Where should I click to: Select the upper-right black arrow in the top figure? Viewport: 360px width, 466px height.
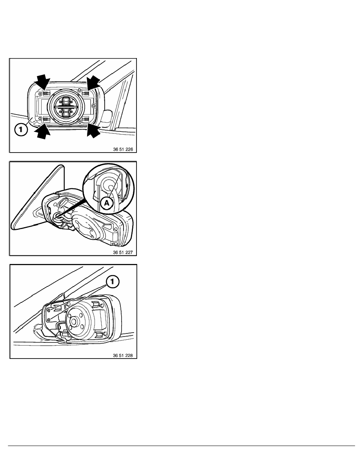[93, 83]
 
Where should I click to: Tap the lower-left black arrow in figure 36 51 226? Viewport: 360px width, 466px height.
[43, 131]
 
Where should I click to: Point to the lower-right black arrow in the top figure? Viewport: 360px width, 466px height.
[93, 130]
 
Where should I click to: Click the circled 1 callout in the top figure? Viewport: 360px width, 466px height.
[20, 129]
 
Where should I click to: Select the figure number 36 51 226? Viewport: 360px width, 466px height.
[123, 149]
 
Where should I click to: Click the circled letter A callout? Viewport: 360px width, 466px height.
[106, 204]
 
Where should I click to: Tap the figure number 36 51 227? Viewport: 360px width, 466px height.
[123, 252]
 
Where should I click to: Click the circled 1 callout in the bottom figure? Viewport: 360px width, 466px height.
[112, 282]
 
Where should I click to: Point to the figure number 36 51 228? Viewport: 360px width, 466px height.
[123, 355]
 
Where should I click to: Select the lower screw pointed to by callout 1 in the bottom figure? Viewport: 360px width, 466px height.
[49, 319]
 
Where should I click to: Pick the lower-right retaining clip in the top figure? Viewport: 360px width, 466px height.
[86, 120]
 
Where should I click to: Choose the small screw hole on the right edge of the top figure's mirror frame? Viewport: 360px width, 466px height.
[94, 105]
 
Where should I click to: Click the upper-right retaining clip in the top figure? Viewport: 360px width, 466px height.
[85, 93]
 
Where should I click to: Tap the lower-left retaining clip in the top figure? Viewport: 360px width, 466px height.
[46, 120]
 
